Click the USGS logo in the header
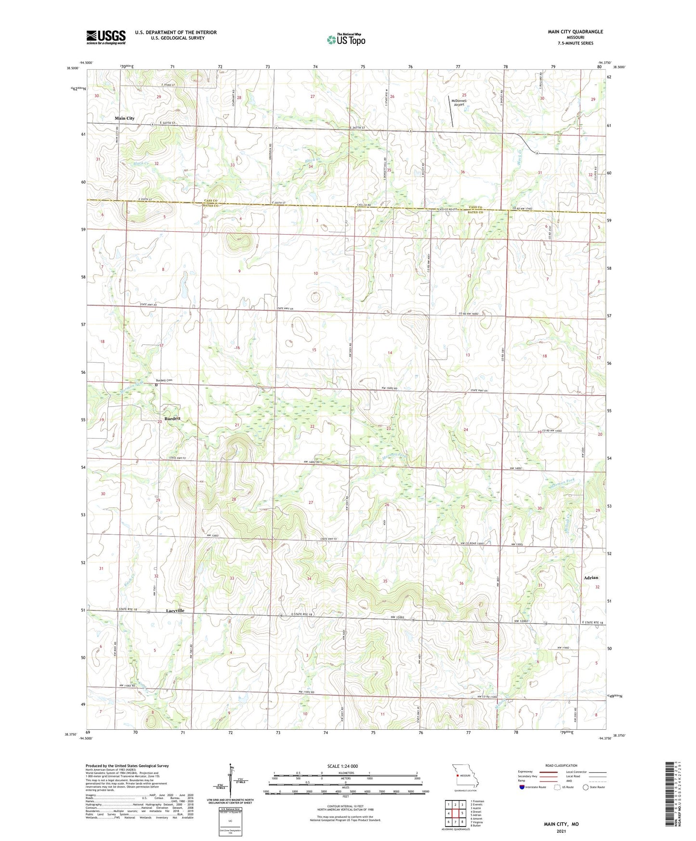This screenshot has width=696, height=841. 106,37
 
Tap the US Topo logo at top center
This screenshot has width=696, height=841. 345,39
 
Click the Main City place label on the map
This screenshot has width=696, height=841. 124,118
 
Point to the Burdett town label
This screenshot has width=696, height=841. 172,419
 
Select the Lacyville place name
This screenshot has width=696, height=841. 175,610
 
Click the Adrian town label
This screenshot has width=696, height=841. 591,578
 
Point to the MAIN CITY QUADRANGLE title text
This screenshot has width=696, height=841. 575,32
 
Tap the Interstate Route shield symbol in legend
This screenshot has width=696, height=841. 522,787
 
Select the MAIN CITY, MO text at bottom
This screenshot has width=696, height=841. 561,824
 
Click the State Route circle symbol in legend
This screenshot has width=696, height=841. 586,787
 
